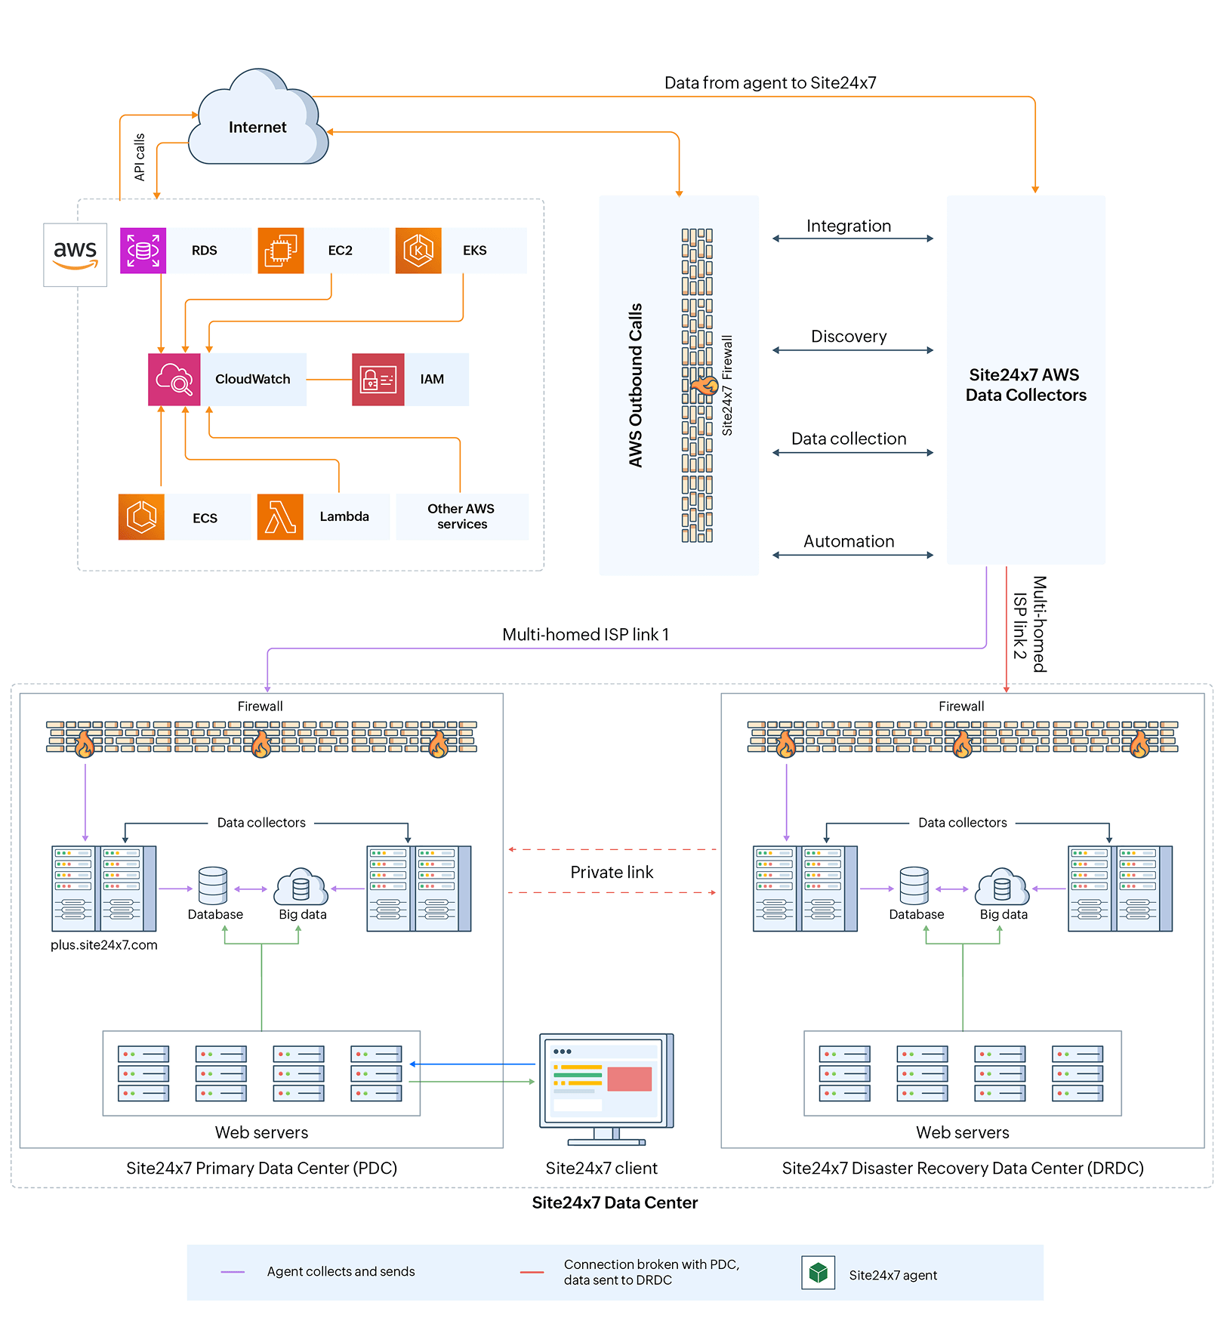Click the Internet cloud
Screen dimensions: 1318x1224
257,121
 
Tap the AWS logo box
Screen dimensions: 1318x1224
75,254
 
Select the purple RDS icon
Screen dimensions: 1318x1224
143,251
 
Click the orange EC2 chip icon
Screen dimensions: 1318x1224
280,251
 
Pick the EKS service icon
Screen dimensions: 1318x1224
418,251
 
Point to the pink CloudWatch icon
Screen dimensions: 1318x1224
174,380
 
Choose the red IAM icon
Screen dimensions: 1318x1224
378,380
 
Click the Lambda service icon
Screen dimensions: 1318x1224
280,517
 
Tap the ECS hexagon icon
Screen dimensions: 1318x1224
141,517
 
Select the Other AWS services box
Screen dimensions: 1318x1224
461,517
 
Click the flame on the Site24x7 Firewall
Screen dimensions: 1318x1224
706,386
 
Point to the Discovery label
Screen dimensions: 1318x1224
849,337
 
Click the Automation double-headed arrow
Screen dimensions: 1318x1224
852,555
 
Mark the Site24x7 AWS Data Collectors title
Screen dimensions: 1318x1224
1025,385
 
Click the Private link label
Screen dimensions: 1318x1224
612,872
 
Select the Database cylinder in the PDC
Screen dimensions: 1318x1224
213,885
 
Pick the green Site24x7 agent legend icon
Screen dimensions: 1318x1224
818,1273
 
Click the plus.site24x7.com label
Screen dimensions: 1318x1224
104,945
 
